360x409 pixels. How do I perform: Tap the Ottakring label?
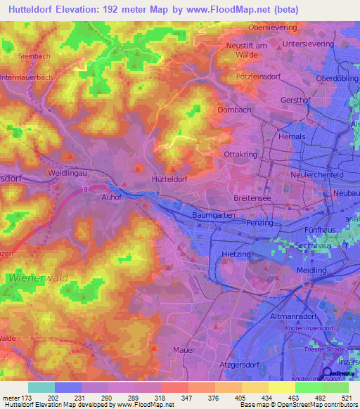(238, 154)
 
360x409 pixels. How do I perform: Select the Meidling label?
(312, 270)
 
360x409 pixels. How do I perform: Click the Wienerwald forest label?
(39, 278)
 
